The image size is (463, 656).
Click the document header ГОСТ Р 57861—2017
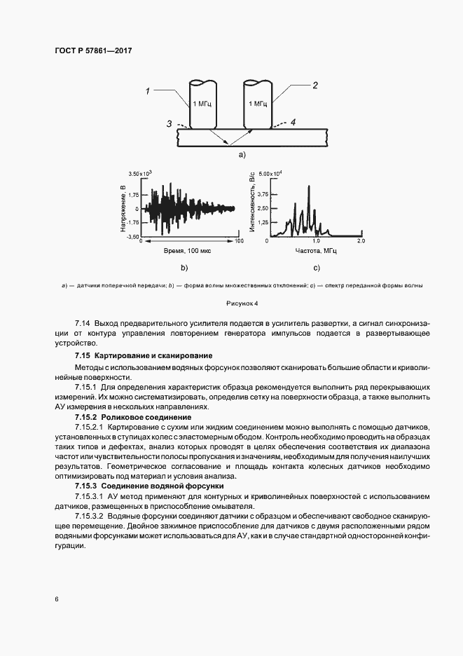(93, 51)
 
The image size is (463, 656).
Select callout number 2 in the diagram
(315, 86)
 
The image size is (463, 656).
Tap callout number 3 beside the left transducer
(169, 123)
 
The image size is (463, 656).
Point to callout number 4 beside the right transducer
(293, 122)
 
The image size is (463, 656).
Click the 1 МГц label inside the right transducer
(257, 103)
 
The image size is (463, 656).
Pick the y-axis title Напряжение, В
(123, 208)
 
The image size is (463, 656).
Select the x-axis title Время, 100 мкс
(192, 250)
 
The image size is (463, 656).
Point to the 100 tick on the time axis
(238, 241)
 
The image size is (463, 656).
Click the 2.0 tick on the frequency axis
(361, 241)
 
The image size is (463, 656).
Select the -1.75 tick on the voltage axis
(134, 222)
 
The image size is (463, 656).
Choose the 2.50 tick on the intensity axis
(263, 208)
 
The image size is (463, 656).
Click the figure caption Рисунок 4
(242, 303)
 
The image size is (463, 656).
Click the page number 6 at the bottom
(55, 599)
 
